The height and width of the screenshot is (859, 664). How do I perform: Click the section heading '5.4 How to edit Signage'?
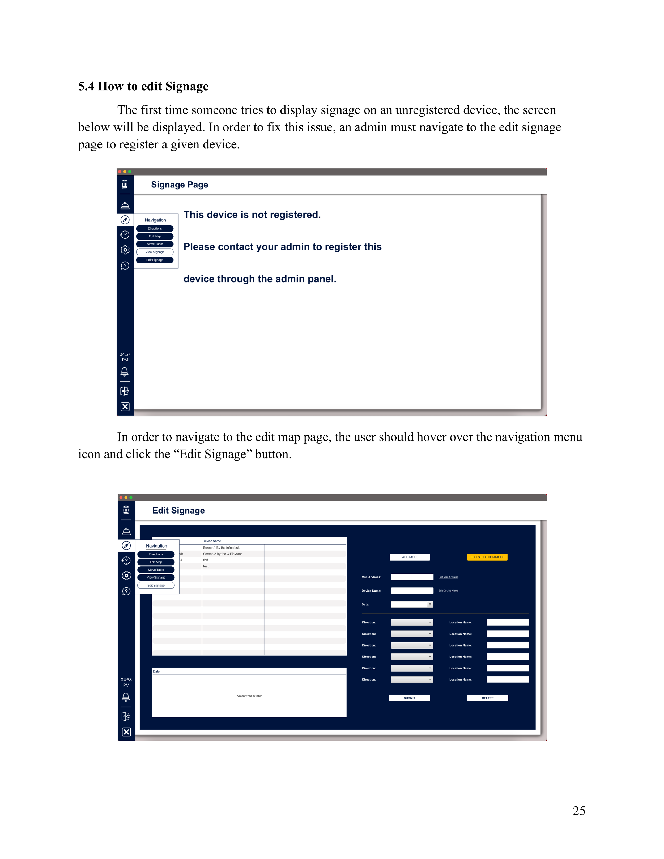[143, 86]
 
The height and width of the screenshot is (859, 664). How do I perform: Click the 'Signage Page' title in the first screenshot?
[179, 185]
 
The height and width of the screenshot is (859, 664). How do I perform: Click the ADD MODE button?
[410, 557]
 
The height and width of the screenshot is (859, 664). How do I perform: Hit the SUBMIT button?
[409, 698]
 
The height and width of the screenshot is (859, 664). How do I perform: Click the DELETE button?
[487, 698]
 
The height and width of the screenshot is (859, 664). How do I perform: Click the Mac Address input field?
[412, 577]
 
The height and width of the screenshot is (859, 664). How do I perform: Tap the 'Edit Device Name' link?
[448, 591]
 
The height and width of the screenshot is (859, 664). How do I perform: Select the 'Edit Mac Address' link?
[448, 577]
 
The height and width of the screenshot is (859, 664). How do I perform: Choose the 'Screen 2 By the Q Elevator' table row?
[222, 554]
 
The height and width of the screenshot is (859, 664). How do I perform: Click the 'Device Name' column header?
[212, 541]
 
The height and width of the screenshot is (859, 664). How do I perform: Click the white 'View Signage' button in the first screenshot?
[155, 252]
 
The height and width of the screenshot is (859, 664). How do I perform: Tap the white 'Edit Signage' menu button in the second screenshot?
[156, 585]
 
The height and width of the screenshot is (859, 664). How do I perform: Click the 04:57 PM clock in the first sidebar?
[125, 357]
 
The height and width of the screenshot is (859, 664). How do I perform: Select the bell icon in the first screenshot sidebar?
[125, 371]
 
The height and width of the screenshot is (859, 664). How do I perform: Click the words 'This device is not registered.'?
[252, 215]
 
